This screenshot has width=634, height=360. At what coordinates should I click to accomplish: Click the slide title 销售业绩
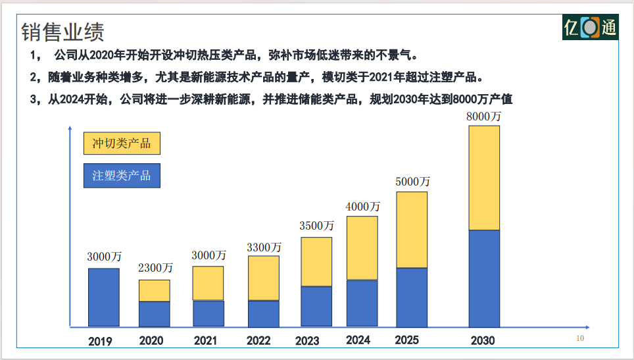(x=62, y=31)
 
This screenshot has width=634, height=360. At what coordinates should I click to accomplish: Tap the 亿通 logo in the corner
(x=590, y=28)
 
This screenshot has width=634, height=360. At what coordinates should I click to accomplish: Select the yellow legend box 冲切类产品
(x=122, y=143)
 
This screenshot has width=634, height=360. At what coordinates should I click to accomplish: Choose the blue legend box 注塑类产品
(x=122, y=176)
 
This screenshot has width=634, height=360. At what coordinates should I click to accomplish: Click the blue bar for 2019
(x=104, y=297)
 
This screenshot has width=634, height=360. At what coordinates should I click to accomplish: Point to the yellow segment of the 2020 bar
(x=154, y=290)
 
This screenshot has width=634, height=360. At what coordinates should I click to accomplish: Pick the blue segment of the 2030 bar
(x=484, y=278)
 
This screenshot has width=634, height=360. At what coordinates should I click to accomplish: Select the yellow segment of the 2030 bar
(x=484, y=178)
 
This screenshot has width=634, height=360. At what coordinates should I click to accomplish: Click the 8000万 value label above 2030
(x=483, y=116)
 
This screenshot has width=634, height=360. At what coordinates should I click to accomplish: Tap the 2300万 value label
(x=155, y=268)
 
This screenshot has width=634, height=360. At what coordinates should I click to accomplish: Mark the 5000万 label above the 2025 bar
(x=412, y=181)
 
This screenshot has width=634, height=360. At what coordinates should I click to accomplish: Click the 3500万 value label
(x=316, y=226)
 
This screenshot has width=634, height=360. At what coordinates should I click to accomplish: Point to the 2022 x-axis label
(x=258, y=341)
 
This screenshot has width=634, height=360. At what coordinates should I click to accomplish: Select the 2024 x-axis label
(x=358, y=340)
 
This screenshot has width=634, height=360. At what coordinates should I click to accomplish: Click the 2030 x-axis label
(x=483, y=341)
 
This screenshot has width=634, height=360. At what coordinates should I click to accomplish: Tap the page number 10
(x=579, y=338)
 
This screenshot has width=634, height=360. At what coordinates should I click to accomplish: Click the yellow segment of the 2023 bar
(x=316, y=261)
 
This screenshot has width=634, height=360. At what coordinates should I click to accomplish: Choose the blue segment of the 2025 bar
(x=412, y=297)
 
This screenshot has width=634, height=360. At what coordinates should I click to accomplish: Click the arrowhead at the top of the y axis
(x=70, y=128)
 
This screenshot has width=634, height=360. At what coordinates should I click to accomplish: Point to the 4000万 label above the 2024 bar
(x=363, y=206)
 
